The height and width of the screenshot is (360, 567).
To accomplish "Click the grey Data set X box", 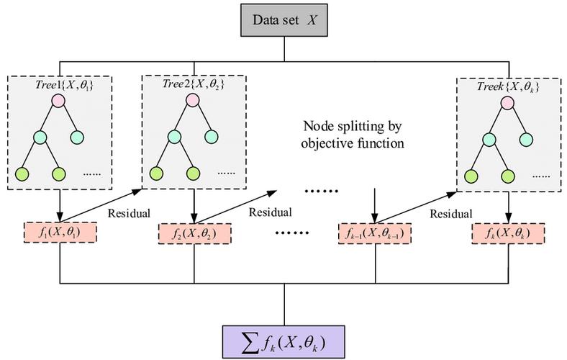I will coord(284,19).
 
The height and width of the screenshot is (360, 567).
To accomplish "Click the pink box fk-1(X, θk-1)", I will coord(375,234).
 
